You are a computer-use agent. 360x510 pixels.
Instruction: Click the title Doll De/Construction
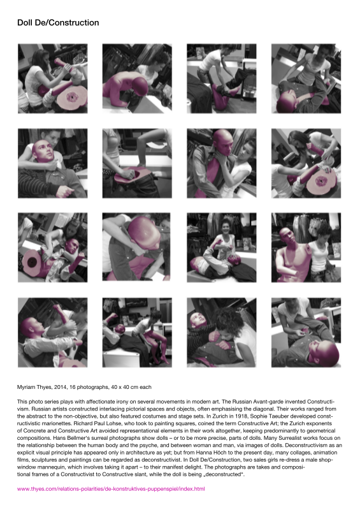tap(58, 23)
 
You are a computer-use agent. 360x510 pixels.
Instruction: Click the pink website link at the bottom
tap(111, 488)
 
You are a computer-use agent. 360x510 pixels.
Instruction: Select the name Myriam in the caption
tap(26, 387)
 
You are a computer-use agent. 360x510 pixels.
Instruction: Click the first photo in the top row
tap(53, 78)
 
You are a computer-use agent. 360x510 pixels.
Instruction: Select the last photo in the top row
tap(306, 78)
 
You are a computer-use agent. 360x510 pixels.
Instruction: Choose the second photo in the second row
tap(137, 163)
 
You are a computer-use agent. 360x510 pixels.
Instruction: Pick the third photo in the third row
tap(222, 247)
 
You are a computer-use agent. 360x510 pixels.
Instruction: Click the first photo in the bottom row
tap(53, 332)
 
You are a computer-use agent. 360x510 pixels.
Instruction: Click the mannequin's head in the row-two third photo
tap(224, 142)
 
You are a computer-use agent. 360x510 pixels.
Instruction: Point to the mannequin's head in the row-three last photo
tap(287, 236)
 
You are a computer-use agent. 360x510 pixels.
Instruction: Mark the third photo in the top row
tap(222, 78)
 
